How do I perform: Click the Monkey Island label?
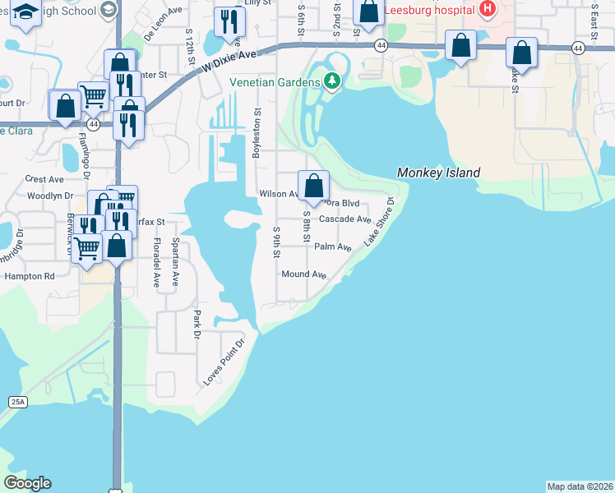[x=438, y=173]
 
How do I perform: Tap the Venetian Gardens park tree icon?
[x=332, y=81]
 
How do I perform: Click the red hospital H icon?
[x=488, y=8]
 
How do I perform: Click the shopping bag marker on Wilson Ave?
[x=313, y=186]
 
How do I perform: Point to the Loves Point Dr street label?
[x=224, y=362]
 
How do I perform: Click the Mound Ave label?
[x=304, y=274]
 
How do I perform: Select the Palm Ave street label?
[x=333, y=246]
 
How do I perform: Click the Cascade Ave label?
[x=344, y=219]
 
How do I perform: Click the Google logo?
[x=27, y=483]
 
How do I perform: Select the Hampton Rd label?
[x=29, y=277]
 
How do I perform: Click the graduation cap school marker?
[x=26, y=14]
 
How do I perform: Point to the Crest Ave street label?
[x=44, y=178]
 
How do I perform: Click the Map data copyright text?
[x=580, y=486]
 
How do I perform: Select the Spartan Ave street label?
[x=175, y=262]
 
